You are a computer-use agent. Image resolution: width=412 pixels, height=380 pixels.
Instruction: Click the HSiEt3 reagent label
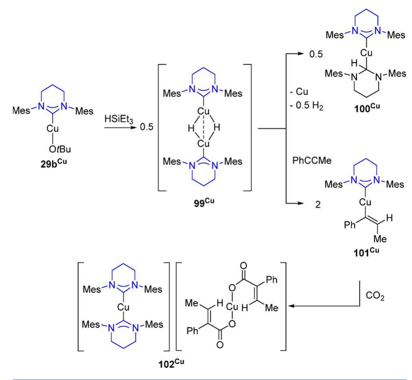pos(119,119)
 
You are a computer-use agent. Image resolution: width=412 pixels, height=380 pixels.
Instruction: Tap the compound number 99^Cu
pos(204,203)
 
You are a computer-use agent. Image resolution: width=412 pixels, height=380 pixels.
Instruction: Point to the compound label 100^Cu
pos(367,108)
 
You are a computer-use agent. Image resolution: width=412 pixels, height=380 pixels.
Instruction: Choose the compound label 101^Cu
pos(366,252)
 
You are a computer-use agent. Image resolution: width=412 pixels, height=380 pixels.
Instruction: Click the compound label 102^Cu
pos(171,364)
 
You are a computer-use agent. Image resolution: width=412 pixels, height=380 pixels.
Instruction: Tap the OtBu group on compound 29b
pos(60,149)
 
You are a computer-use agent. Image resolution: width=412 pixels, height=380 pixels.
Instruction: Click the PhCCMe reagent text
pos(312,160)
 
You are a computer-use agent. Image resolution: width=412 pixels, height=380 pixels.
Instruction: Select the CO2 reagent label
pos(375,296)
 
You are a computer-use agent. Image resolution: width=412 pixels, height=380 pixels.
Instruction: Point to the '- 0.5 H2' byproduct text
pos(306,105)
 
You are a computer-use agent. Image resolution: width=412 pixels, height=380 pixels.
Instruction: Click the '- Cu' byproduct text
pos(299,92)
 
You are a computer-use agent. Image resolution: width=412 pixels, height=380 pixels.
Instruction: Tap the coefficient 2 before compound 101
pos(318,204)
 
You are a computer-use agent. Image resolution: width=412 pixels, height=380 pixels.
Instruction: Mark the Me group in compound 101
pos(380,239)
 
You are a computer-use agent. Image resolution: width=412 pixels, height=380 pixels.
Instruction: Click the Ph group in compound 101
pos(350,225)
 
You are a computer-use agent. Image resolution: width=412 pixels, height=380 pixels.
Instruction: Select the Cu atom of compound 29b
pos(53,128)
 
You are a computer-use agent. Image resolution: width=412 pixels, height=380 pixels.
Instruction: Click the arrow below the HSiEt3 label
pos(121,127)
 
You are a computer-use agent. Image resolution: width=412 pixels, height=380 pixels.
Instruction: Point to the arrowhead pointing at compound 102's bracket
pos(291,306)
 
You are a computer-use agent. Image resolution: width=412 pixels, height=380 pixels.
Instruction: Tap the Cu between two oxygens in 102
pos(232,306)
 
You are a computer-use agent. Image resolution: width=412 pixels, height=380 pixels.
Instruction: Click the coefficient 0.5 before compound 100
pos(316,54)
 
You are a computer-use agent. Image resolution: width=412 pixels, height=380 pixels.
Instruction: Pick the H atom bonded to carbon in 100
pos(354,63)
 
